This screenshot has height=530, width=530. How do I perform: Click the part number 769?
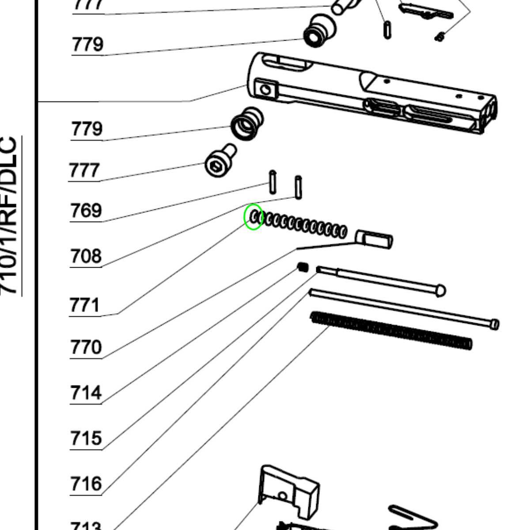pos(86,211)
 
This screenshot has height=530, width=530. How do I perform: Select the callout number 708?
pos(86,256)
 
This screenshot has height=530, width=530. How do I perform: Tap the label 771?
pos(85,305)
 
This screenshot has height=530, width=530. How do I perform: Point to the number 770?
pos(86,348)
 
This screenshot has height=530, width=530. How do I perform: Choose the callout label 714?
pos(86,393)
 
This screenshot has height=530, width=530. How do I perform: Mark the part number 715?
pos(86,439)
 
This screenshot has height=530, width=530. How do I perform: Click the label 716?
pos(86,484)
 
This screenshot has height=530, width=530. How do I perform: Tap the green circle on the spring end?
pos(254,217)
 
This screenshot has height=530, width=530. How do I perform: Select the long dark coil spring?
pos(391,330)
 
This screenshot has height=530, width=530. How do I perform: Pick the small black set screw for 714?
pos(303,267)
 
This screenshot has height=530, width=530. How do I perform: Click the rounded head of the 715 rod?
pos(440,290)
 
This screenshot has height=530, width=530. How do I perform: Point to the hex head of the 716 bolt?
pos(495,324)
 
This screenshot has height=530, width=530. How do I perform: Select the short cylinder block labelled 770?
pos(375,239)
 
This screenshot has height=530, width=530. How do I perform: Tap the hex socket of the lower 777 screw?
pos(215,167)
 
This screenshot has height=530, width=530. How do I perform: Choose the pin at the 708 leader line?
pos(299,187)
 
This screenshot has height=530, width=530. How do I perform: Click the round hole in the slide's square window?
pos(266,90)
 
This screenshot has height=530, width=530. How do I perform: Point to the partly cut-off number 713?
pos(86,526)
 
